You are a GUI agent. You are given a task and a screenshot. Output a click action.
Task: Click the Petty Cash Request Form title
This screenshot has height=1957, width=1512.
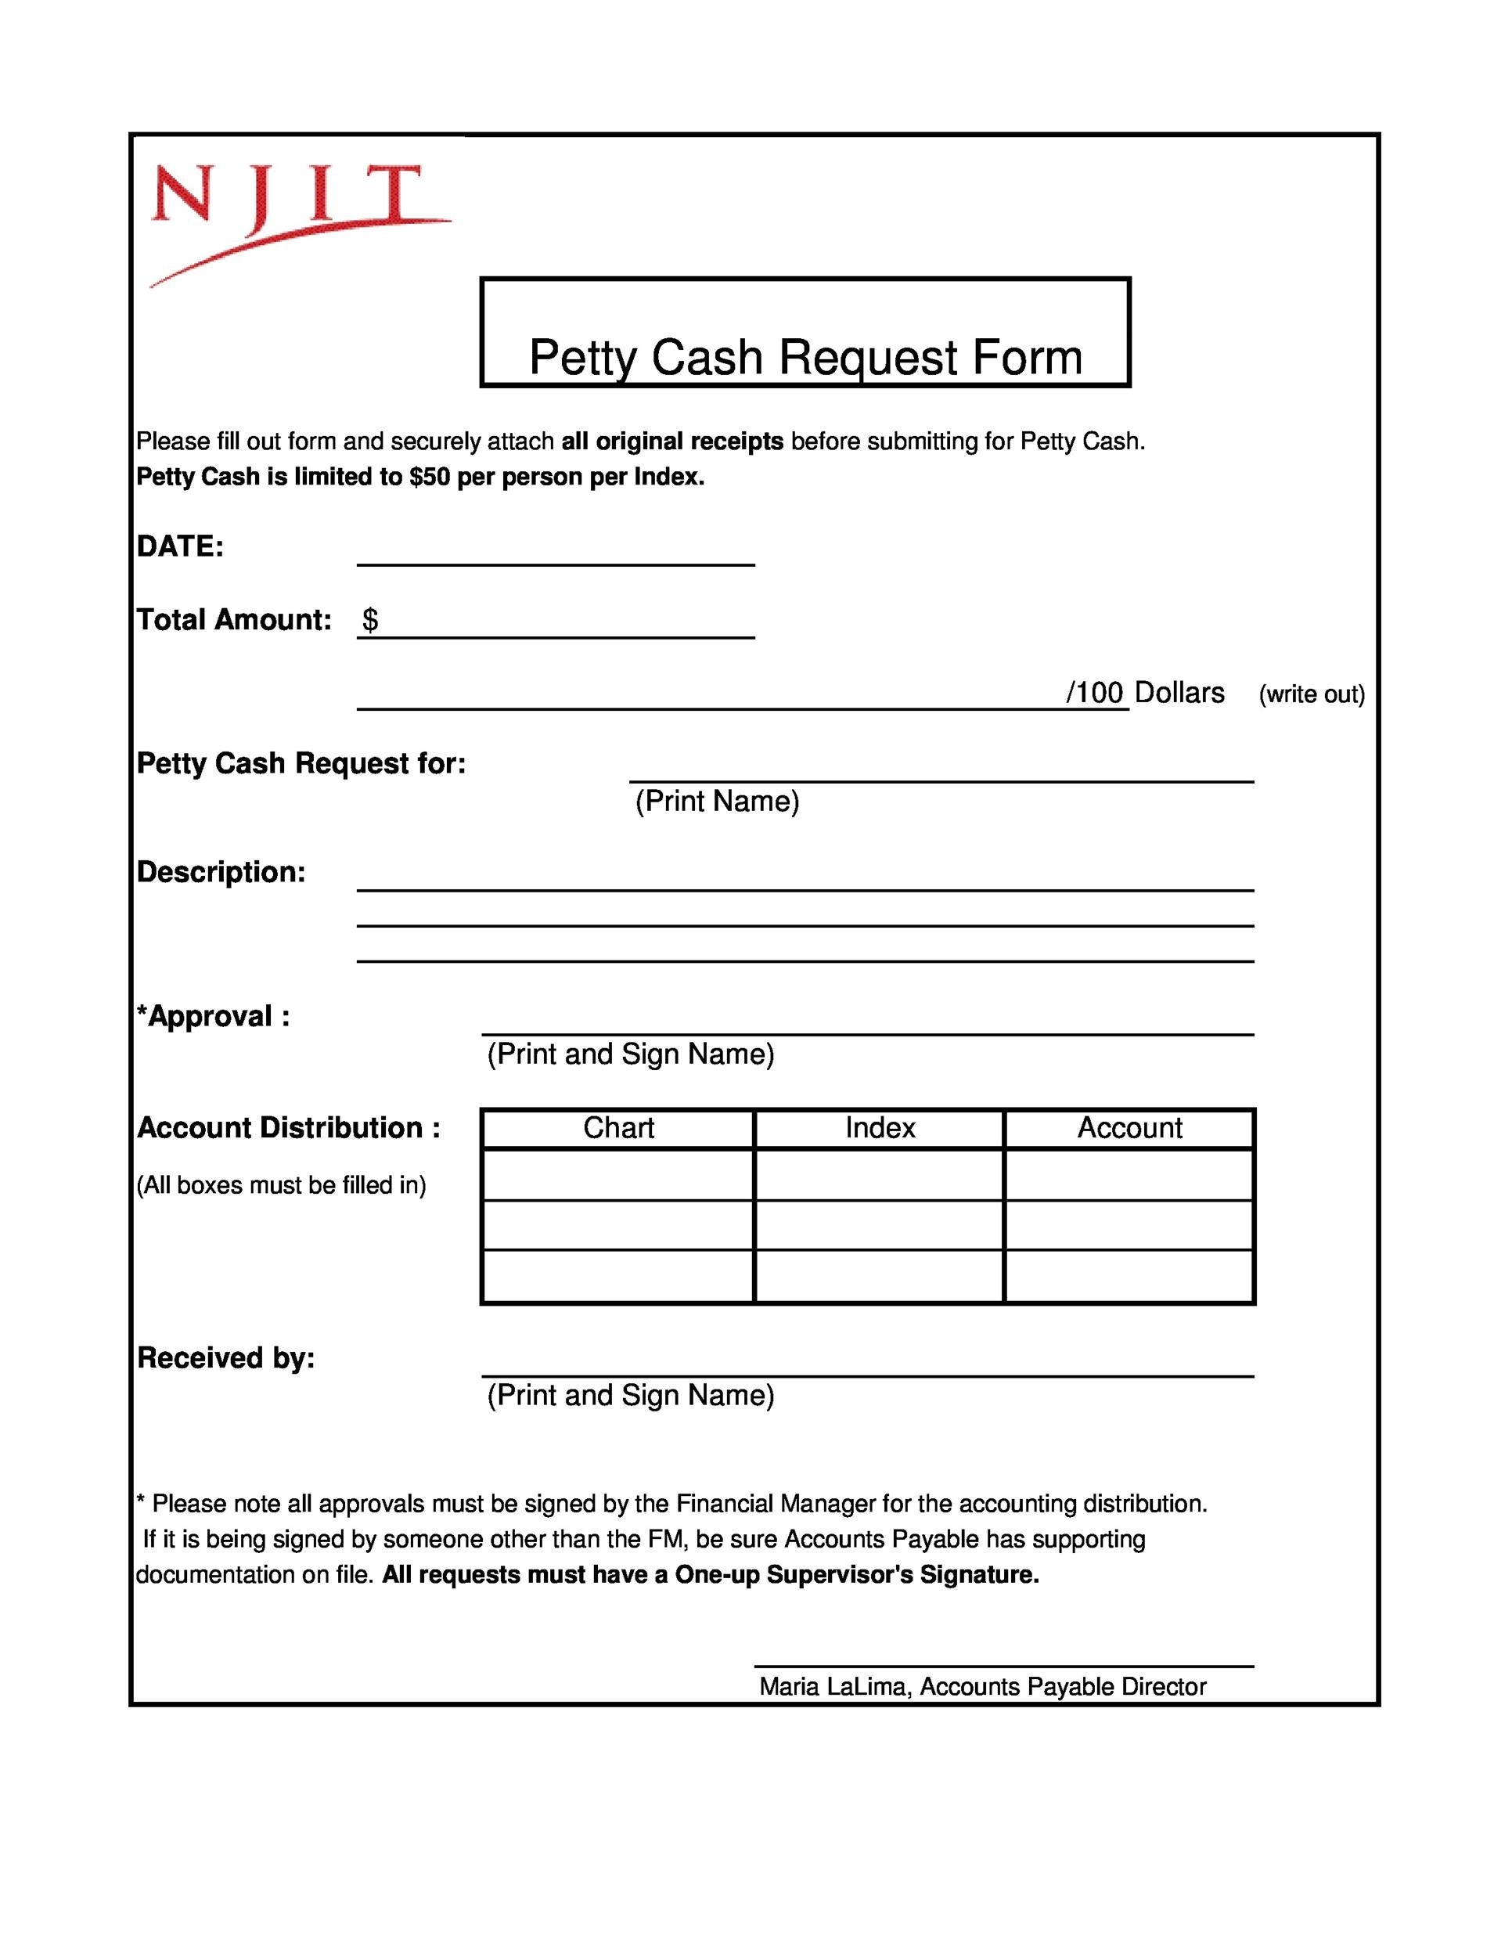(805, 357)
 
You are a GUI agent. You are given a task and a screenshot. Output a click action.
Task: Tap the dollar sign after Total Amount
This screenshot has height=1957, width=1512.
(370, 619)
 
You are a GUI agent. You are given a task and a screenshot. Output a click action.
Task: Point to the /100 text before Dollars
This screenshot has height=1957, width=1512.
(1093, 693)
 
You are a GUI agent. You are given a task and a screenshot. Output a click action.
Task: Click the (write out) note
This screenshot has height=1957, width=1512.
(1312, 694)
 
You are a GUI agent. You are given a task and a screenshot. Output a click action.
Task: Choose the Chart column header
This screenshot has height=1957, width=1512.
(618, 1128)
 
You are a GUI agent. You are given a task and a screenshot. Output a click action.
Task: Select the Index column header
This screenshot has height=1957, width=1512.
(880, 1128)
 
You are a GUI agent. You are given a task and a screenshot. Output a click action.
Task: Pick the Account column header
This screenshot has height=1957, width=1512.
(1129, 1128)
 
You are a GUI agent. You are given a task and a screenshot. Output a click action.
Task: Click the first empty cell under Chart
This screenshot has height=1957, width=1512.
(618, 1175)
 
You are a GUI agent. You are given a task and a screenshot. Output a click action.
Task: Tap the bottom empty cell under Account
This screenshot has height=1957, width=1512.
(1129, 1276)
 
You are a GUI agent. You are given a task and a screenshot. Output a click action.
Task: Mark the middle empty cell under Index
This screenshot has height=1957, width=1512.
(880, 1225)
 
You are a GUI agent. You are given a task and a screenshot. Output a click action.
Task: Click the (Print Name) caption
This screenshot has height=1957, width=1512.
(717, 801)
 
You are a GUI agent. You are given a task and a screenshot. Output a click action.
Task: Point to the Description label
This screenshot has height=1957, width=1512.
(221, 872)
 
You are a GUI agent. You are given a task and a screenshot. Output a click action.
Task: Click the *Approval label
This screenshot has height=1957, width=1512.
(213, 1016)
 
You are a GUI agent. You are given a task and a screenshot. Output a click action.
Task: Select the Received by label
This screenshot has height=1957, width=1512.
(225, 1357)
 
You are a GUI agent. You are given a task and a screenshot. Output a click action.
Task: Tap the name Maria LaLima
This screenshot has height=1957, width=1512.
(835, 1686)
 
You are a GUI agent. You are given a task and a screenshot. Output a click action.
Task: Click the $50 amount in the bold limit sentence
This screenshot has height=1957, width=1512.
(429, 477)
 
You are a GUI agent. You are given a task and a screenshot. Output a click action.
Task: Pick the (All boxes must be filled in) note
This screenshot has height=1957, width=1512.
(281, 1185)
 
